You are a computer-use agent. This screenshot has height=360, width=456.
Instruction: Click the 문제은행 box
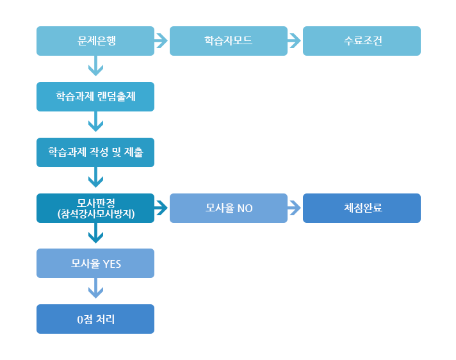[x=95, y=41]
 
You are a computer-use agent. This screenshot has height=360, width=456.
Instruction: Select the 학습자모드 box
[x=229, y=41]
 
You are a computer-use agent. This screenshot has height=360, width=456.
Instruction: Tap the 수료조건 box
[x=362, y=41]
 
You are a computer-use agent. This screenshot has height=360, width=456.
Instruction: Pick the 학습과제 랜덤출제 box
[x=95, y=97]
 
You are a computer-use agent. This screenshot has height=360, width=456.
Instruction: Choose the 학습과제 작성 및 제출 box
[x=95, y=152]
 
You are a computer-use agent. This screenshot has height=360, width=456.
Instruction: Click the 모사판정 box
[x=95, y=204]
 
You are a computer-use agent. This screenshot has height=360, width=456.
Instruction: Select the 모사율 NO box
[x=229, y=208]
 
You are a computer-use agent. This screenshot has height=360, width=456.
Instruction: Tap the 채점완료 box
[x=362, y=208]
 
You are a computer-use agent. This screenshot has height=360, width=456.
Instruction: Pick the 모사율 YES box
[x=95, y=263]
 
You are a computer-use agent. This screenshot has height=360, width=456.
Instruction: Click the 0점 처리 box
[x=95, y=319]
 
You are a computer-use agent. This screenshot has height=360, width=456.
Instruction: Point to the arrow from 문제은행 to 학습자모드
[x=161, y=41]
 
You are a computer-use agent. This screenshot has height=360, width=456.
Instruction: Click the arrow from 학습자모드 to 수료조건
[x=295, y=41]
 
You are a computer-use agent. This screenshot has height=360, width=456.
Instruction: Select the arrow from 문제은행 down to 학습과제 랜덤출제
[x=95, y=66]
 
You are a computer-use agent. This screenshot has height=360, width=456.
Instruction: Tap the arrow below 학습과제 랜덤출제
[x=95, y=121]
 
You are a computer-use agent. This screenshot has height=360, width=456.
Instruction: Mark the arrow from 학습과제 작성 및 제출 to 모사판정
[x=95, y=177]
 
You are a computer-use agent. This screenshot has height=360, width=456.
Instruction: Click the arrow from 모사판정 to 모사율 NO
[x=161, y=208]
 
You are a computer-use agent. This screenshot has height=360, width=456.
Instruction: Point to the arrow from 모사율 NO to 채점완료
[x=295, y=208]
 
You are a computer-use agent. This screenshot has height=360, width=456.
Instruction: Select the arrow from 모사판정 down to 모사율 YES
[x=95, y=234]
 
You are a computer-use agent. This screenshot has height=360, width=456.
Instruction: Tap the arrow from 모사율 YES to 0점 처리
[x=95, y=290]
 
